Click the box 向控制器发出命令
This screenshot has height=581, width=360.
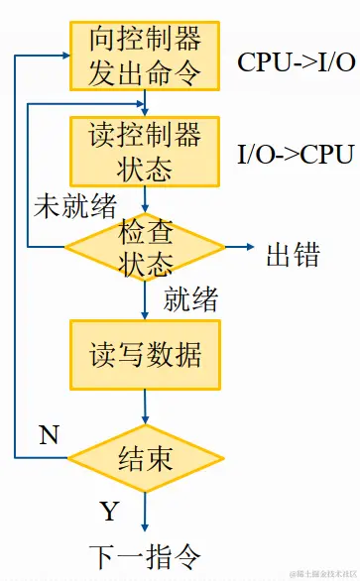(146, 56)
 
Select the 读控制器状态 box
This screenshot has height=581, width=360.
(146, 151)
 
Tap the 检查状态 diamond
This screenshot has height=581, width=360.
(146, 248)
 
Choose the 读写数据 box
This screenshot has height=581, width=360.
(146, 353)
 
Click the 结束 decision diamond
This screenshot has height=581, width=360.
(146, 457)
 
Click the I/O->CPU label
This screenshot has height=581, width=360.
(296, 155)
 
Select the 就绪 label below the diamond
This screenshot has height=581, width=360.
(190, 297)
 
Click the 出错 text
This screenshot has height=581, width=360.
(293, 254)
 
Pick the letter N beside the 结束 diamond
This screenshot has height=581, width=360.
(49, 434)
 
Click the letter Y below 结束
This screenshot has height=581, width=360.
(109, 511)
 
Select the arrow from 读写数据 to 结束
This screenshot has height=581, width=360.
(146, 407)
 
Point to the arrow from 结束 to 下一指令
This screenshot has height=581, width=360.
(146, 511)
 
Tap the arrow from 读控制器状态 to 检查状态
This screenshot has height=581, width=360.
(146, 199)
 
